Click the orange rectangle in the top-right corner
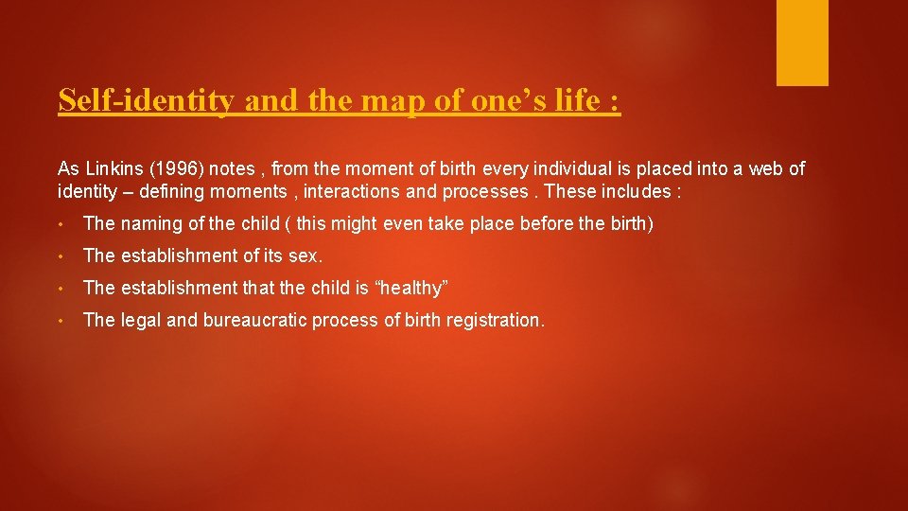tap(802, 43)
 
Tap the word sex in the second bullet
tap(307, 256)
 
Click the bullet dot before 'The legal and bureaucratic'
tap(61, 321)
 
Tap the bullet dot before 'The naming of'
tap(61, 224)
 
